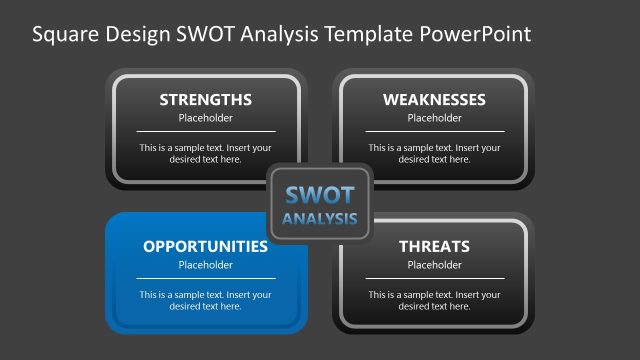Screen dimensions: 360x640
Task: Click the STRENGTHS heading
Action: [205, 100]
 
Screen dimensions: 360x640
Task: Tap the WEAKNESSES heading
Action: [434, 100]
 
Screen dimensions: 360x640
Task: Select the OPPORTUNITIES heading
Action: [205, 246]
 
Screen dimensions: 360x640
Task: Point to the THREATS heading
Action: [434, 246]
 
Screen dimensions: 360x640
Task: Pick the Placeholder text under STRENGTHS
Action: [205, 118]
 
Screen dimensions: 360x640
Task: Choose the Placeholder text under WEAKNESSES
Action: [434, 118]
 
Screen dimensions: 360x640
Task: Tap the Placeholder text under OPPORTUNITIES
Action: [205, 265]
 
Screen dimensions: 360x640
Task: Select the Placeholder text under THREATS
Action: [434, 265]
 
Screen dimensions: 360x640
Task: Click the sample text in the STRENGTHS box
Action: [205, 153]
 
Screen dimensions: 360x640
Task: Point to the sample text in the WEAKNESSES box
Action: [434, 153]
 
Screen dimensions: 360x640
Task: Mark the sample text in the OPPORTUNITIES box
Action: [205, 300]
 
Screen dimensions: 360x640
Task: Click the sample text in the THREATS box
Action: [434, 300]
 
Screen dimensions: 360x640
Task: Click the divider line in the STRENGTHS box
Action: [205, 131]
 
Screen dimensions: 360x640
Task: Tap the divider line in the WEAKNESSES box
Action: [434, 131]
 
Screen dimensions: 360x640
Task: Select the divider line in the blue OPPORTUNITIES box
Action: [205, 278]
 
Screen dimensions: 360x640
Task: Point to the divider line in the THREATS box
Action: [434, 278]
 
